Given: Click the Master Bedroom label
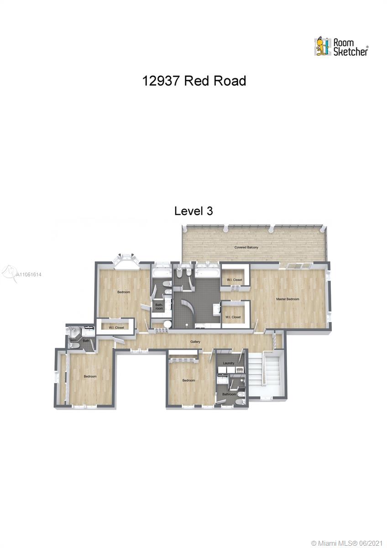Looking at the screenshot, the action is tap(288, 299).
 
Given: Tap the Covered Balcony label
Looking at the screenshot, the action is tap(246, 248).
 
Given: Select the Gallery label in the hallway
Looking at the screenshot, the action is tap(195, 342).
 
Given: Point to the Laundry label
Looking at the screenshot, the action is tap(229, 363).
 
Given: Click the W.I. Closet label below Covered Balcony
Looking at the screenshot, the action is tap(235, 279).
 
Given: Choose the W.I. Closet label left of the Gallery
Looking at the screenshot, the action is tap(116, 327).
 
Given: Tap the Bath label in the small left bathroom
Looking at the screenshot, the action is tap(86, 341).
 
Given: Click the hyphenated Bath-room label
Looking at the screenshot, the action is tap(159, 306).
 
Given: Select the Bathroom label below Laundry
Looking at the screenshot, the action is tap(229, 394).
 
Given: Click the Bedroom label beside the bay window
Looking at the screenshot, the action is tap(124, 292).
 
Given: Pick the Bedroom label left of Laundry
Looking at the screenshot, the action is tap(188, 380).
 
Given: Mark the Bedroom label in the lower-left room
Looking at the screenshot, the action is tap(90, 376).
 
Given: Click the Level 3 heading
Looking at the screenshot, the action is tap(193, 211).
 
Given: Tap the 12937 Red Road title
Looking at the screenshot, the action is tap(194, 81).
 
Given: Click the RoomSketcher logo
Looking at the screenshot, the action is tap(341, 47).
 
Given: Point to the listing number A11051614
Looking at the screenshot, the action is tap(29, 274).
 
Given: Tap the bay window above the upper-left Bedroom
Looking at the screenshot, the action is tap(126, 259).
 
